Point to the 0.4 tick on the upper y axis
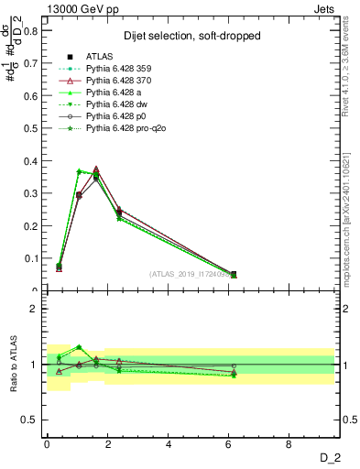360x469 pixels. (30, 160)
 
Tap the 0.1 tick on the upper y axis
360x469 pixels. (30, 258)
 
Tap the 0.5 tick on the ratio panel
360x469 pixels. (28, 420)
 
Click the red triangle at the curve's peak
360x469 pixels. (96, 169)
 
